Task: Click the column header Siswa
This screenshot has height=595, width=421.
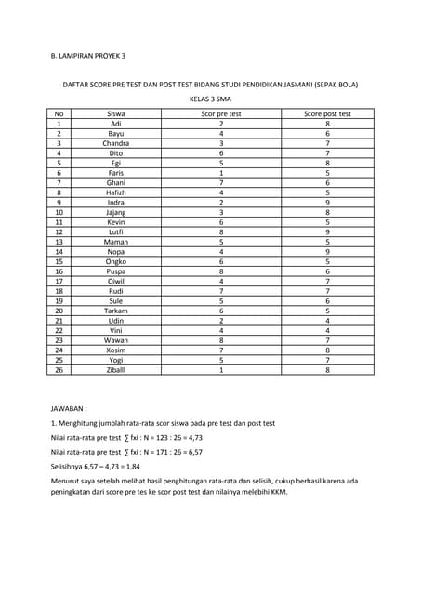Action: (116, 113)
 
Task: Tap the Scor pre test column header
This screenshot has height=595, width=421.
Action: (221, 113)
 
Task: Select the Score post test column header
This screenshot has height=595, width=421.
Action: (327, 113)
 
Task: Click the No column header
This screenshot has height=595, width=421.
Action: (59, 113)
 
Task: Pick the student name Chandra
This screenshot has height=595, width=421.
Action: (116, 144)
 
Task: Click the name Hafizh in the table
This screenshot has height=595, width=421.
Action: (116, 192)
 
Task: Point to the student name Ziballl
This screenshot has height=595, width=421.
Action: (116, 369)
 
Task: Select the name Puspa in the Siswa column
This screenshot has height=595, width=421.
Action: (116, 271)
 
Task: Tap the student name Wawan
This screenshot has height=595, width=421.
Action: (116, 339)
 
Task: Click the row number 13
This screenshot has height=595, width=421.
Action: (59, 242)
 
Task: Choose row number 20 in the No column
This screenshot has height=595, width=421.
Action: (59, 311)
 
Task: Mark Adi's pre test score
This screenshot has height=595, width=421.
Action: (221, 124)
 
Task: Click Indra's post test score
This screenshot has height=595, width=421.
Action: (327, 203)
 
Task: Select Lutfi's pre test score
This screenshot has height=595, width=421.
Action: (221, 231)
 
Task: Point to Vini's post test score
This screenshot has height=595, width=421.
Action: (327, 330)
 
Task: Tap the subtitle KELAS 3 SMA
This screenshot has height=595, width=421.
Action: (210, 98)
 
